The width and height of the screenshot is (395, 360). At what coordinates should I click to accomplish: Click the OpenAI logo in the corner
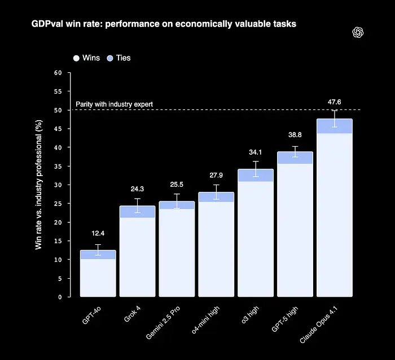358,32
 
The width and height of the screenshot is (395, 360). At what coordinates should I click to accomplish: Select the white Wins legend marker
76,58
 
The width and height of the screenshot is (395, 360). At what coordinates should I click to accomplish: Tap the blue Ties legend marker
110,58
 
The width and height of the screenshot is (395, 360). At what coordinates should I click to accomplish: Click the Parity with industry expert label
114,104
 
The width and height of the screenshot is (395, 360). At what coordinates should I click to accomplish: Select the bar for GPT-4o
98,276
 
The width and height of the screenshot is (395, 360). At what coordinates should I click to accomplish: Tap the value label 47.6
335,102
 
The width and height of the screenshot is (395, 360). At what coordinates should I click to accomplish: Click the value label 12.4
98,234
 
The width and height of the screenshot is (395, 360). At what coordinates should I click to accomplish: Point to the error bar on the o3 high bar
256,169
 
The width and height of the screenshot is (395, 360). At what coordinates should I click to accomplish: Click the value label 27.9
216,175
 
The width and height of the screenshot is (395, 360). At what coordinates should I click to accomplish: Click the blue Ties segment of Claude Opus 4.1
335,126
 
